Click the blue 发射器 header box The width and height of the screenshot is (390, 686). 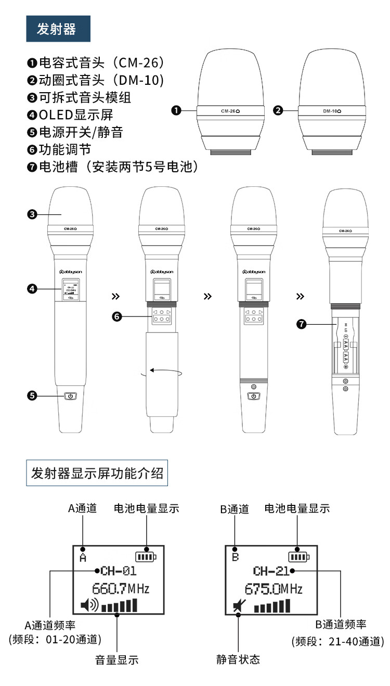coord(58,29)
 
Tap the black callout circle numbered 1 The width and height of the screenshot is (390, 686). coord(176,110)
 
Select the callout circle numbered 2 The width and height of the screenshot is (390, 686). coord(278,110)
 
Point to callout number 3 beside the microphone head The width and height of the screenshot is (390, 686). coord(32,214)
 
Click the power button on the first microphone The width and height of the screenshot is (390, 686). coord(71,396)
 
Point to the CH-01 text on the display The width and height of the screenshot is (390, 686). coord(119,571)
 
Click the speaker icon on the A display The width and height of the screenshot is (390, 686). coord(89,605)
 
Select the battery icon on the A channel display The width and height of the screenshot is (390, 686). coord(146,557)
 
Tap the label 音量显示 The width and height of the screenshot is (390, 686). coord(117,660)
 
